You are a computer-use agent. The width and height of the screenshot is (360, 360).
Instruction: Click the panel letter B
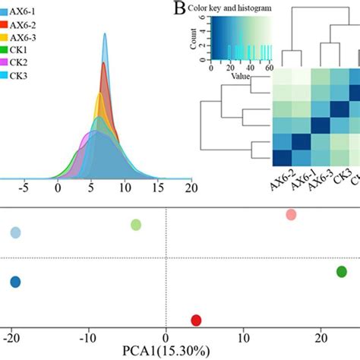click(x=180, y=8)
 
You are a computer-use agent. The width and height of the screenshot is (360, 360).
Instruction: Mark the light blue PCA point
click(x=15, y=233)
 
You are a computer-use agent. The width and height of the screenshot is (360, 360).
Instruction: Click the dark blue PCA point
click(x=15, y=282)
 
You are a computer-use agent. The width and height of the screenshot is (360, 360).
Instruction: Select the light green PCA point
click(x=136, y=224)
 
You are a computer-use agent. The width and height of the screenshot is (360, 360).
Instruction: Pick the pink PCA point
click(x=290, y=215)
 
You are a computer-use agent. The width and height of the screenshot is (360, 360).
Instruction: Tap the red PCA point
click(x=196, y=320)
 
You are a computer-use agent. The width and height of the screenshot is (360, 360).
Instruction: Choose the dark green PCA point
click(x=342, y=271)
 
